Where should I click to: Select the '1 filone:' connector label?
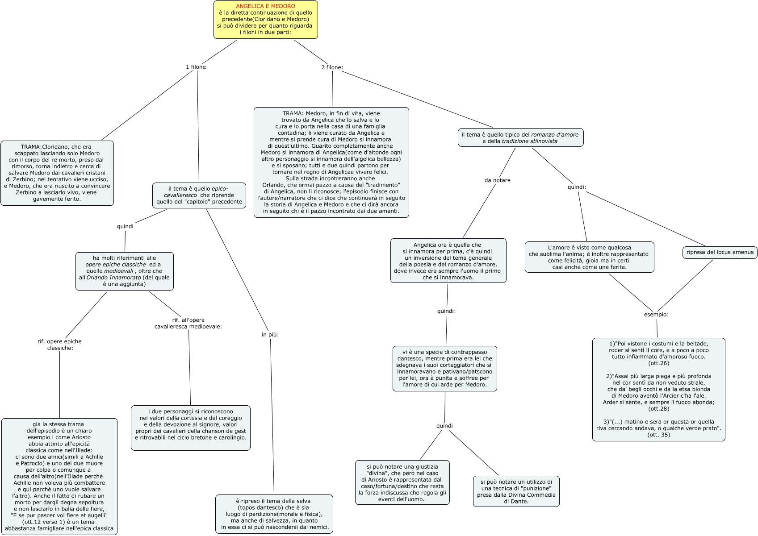pos(197,67)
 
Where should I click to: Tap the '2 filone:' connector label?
pos(332,67)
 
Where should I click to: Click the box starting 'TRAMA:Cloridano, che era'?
pos(57,173)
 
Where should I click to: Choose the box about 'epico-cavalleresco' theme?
pos(199,195)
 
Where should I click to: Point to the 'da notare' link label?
pos(497,180)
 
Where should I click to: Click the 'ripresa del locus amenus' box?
pos(720,252)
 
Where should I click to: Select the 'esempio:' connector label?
pos(656,315)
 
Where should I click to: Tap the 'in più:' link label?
pos(270,334)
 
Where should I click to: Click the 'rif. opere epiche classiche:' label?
pos(59,345)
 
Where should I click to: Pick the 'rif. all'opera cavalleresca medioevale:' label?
pos(188,323)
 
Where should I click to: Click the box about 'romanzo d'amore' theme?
pos(520,138)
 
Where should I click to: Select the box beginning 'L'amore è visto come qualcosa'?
pos(589,257)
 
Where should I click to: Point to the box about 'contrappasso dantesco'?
pos(444,369)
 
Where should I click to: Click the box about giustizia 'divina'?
pos(402,482)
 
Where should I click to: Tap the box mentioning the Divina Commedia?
pos(516,491)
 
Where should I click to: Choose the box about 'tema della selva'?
pos(274,514)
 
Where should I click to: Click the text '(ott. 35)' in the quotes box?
pos(658,435)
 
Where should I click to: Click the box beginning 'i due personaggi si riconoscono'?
pos(190,428)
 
